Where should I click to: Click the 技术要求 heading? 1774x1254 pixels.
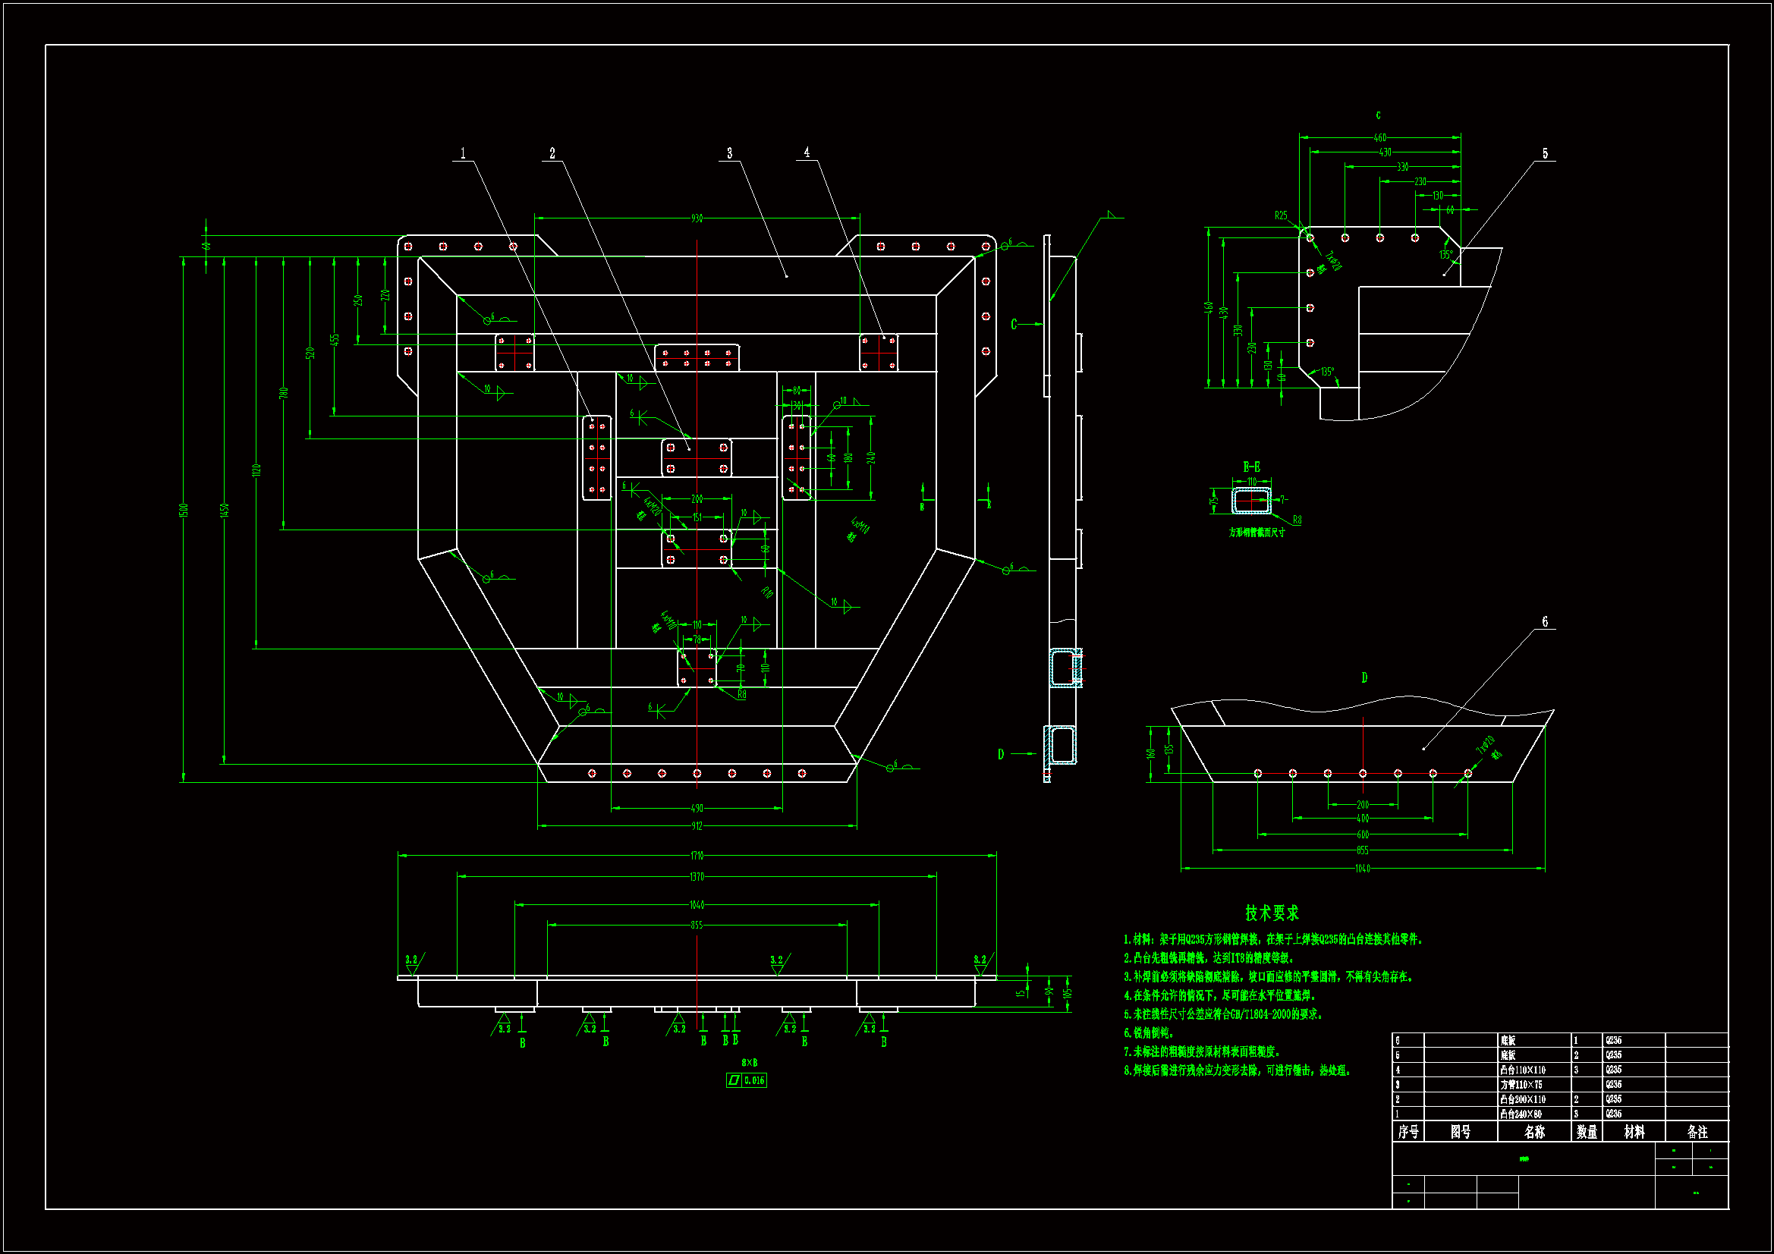pos(1272,913)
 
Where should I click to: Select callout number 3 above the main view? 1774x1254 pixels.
pos(729,153)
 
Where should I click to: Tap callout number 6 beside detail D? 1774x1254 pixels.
pos(1545,621)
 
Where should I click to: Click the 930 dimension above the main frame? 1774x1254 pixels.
pos(697,218)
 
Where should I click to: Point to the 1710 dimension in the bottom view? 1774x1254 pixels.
pos(697,855)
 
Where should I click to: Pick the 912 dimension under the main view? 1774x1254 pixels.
pos(697,826)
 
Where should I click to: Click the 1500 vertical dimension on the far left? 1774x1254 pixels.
pos(184,510)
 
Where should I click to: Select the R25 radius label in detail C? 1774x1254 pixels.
pos(1281,215)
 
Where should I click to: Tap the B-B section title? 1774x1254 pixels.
pos(1252,467)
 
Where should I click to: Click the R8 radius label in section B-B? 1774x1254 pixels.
pos(1297,520)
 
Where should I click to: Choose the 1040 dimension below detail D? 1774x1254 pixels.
pos(1362,869)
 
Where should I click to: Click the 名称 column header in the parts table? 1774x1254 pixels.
pos(1534,1132)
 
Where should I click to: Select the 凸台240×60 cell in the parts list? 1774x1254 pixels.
pos(1521,1114)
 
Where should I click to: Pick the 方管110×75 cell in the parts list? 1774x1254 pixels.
pos(1521,1085)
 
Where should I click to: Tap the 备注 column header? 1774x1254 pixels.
pos(1697,1132)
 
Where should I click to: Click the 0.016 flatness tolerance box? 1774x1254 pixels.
pos(754,1080)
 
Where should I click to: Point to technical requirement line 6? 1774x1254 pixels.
pos(1149,1033)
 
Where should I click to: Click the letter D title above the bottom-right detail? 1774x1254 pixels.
pos(1364,677)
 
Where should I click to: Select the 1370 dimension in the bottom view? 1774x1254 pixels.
pos(697,877)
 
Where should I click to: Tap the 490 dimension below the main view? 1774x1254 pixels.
pos(697,808)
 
